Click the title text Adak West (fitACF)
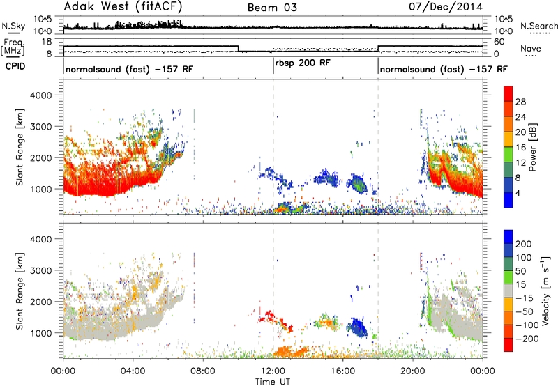[x=123, y=7]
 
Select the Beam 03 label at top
[x=272, y=8]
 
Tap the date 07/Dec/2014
[x=446, y=7]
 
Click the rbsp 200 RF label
[x=303, y=63]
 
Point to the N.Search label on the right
[x=538, y=26]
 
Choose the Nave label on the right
[x=530, y=49]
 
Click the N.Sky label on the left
[x=13, y=26]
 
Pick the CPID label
[x=15, y=66]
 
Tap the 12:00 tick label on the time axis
[x=273, y=371]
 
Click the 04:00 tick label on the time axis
[x=133, y=371]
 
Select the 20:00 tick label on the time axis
[x=413, y=371]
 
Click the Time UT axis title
[x=273, y=382]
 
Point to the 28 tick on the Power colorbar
[x=520, y=102]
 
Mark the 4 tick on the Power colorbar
[x=518, y=194]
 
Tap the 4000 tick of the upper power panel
[x=41, y=95]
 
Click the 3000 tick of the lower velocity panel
[x=41, y=270]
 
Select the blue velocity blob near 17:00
[x=358, y=327]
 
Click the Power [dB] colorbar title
[x=532, y=147]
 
